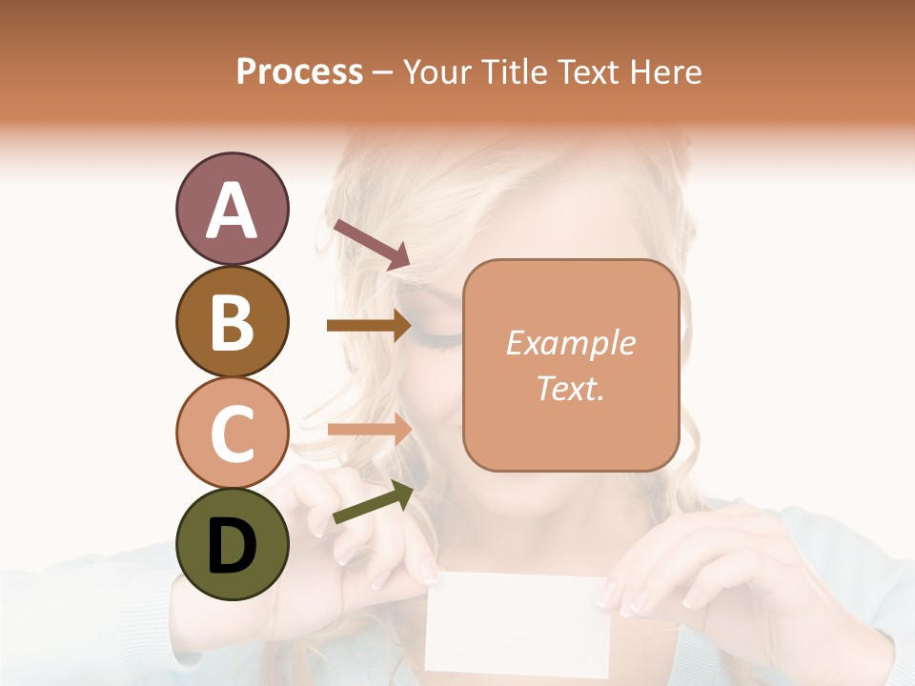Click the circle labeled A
click(232, 209)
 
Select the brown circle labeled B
click(232, 321)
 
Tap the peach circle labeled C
click(232, 433)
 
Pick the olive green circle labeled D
click(232, 544)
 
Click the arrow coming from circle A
click(372, 244)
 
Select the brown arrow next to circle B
click(369, 326)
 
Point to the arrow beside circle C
click(369, 430)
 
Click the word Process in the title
click(299, 71)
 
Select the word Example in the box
click(570, 343)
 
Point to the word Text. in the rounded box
click(570, 388)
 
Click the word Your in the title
click(436, 71)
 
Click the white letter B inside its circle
click(232, 322)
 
